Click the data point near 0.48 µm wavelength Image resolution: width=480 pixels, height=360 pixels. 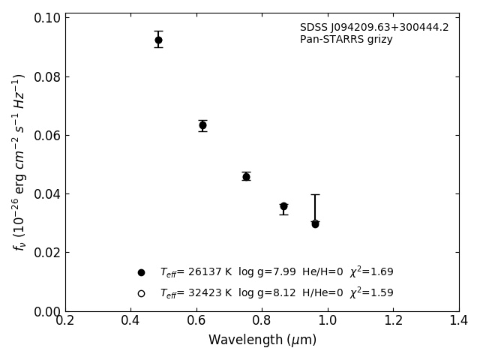[x=158, y=40]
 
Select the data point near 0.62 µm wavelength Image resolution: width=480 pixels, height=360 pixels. [x=202, y=125]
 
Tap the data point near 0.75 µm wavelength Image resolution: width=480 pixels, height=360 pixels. [x=246, y=176]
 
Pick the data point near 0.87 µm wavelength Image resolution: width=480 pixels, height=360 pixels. [x=283, y=206]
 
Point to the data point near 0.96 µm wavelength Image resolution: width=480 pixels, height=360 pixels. [x=315, y=223]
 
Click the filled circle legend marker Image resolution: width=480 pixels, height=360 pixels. [x=141, y=272]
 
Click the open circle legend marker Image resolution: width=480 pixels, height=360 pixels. [x=141, y=293]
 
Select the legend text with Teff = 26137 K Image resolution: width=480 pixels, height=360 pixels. [x=276, y=272]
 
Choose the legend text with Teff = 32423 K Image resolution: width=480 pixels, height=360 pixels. [x=276, y=293]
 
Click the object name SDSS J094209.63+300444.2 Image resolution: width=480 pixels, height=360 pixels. [x=374, y=28]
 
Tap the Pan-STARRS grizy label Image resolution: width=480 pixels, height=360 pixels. [x=346, y=40]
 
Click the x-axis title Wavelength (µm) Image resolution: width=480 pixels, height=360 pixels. [x=262, y=340]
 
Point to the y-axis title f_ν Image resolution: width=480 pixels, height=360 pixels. [x=19, y=161]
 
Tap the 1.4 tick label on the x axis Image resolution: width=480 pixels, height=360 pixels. [x=459, y=320]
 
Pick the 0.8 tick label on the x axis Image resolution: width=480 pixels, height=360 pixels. [x=262, y=320]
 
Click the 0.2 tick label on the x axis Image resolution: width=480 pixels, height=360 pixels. [x=65, y=320]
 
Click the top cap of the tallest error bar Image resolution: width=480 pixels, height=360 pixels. [x=315, y=194]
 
